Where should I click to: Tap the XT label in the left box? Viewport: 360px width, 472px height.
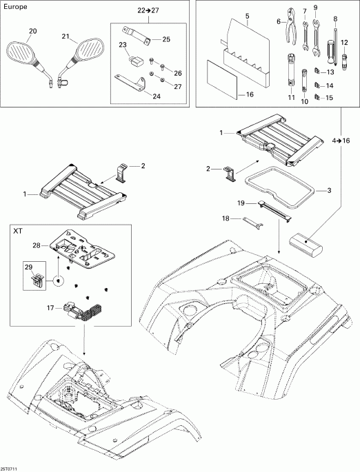19,231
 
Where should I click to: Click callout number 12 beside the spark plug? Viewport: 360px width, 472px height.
344,43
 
